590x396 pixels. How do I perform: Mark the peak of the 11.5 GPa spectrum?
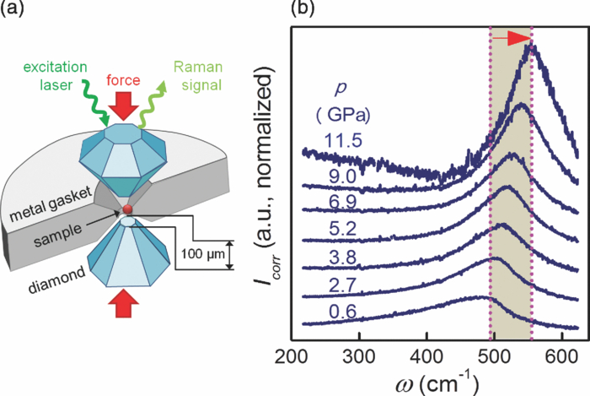pyautogui.click(x=530, y=46)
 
